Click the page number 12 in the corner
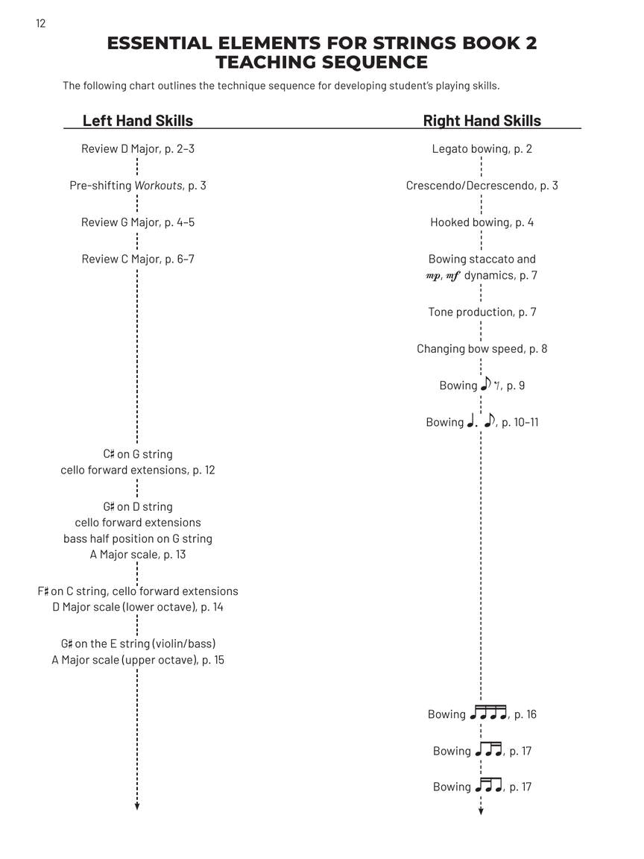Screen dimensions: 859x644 click(x=40, y=24)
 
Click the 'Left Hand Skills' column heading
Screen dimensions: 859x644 click(x=138, y=121)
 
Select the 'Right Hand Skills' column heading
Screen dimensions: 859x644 click(x=482, y=121)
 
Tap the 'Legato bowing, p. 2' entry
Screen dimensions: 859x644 click(x=482, y=148)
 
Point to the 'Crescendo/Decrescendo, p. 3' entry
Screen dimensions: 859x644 click(x=482, y=185)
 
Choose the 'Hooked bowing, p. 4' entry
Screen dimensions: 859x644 click(x=482, y=222)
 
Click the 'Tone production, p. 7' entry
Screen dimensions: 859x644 click(x=482, y=312)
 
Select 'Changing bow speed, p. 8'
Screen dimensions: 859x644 click(x=482, y=348)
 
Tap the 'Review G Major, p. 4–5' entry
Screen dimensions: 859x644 click(x=138, y=222)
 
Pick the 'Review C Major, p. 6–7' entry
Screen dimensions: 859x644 click(x=138, y=259)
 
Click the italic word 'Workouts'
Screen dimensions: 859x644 click(x=158, y=185)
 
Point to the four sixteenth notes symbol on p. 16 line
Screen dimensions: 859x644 click(x=488, y=714)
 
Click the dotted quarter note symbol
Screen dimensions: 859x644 click(x=472, y=421)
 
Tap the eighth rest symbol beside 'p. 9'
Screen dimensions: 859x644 click(x=497, y=386)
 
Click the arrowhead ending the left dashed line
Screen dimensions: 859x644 click(x=137, y=805)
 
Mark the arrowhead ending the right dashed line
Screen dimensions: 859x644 click(x=481, y=811)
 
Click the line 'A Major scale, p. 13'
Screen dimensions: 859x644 click(x=138, y=554)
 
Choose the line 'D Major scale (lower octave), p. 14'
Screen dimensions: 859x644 click(x=138, y=607)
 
